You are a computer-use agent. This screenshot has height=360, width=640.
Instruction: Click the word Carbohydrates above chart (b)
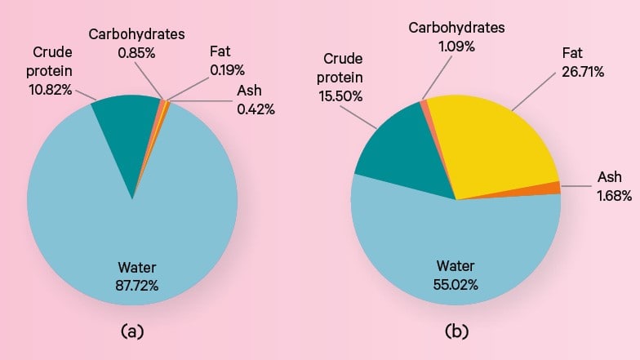(x=456, y=28)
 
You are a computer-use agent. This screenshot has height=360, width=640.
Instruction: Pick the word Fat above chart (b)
(x=571, y=54)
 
